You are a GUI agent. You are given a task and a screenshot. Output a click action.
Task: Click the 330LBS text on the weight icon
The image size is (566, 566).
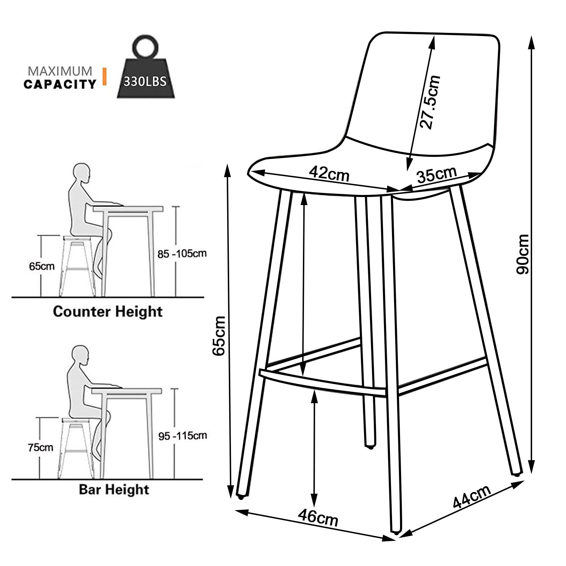point(145,81)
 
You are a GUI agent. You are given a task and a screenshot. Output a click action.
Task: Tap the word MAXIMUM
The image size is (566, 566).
point(60,71)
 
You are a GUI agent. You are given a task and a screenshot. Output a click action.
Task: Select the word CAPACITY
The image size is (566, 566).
point(60,84)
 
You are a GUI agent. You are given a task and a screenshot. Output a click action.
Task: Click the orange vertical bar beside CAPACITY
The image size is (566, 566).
point(104,77)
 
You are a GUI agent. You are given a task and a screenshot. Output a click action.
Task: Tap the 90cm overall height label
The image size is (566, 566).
point(523,254)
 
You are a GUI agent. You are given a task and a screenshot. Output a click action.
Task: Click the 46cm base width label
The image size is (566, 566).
point(318,518)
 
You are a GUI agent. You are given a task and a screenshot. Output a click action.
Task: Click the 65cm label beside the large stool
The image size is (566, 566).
point(219,335)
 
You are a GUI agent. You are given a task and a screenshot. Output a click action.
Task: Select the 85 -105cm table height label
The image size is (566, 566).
point(182,254)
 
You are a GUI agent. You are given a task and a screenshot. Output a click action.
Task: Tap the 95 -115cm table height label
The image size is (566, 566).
point(183,436)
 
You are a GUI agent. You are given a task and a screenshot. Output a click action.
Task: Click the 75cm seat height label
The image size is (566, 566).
point(41,447)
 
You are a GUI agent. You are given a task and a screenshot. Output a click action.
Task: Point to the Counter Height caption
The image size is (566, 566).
point(108,311)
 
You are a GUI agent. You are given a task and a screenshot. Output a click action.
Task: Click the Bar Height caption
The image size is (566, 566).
point(114,489)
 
